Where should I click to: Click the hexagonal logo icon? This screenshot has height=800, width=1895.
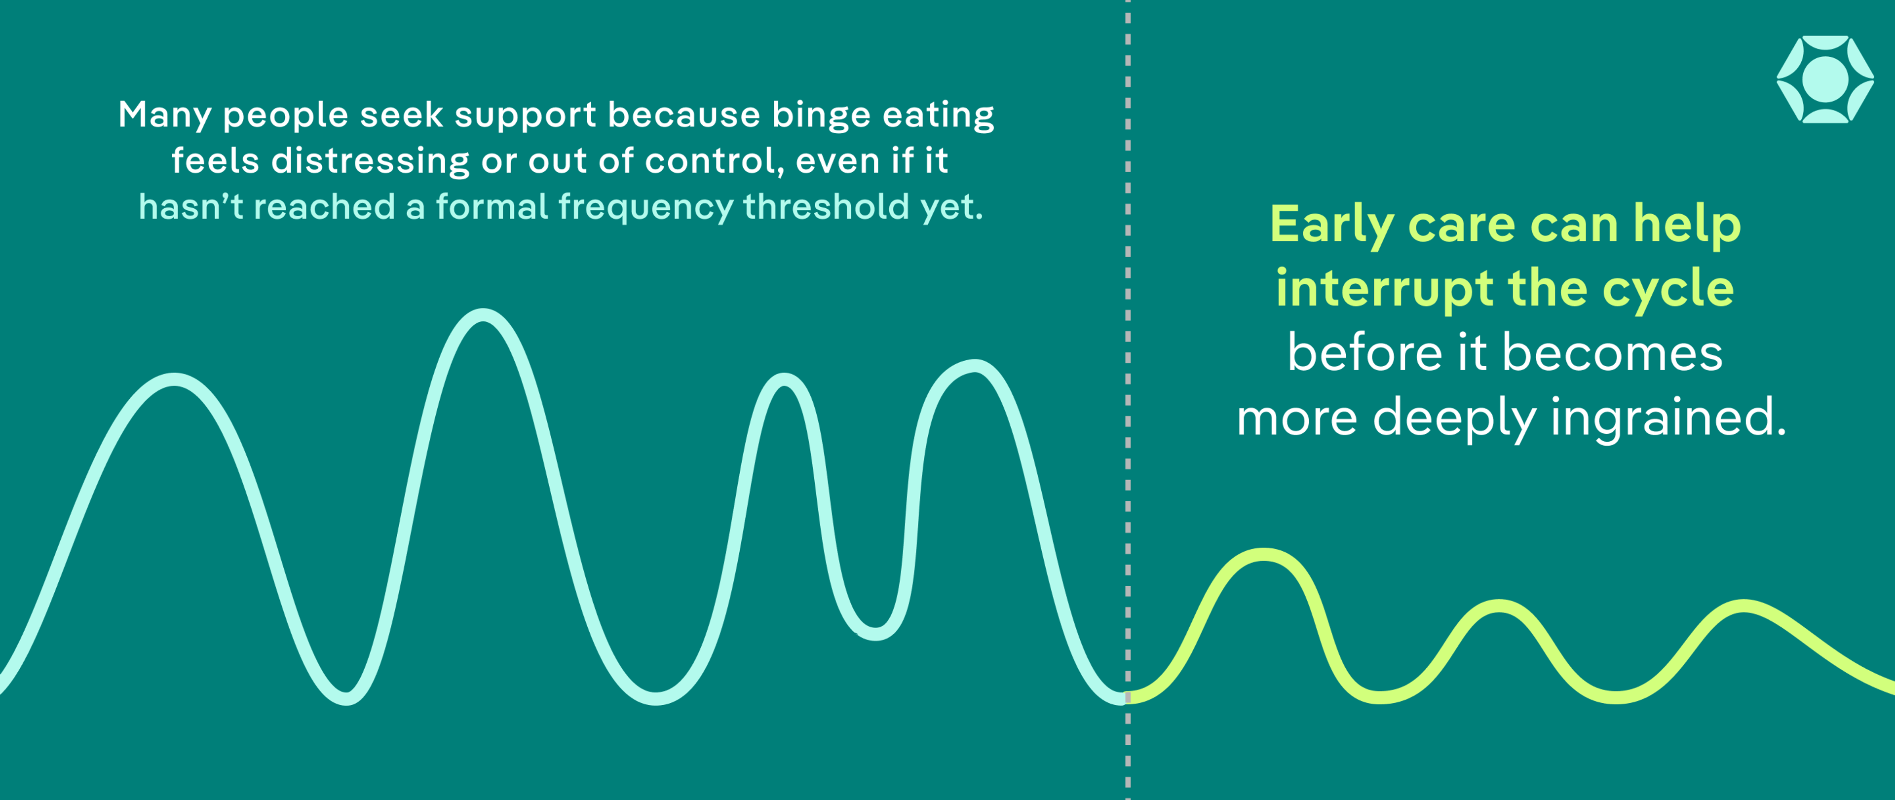pyautogui.click(x=1825, y=79)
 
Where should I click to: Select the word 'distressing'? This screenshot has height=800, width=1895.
pyautogui.click(x=370, y=160)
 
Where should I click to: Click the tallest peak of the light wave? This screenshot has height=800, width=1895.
pyautogui.click(x=483, y=315)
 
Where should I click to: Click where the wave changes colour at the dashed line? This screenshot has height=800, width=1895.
pyautogui.click(x=1128, y=697)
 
